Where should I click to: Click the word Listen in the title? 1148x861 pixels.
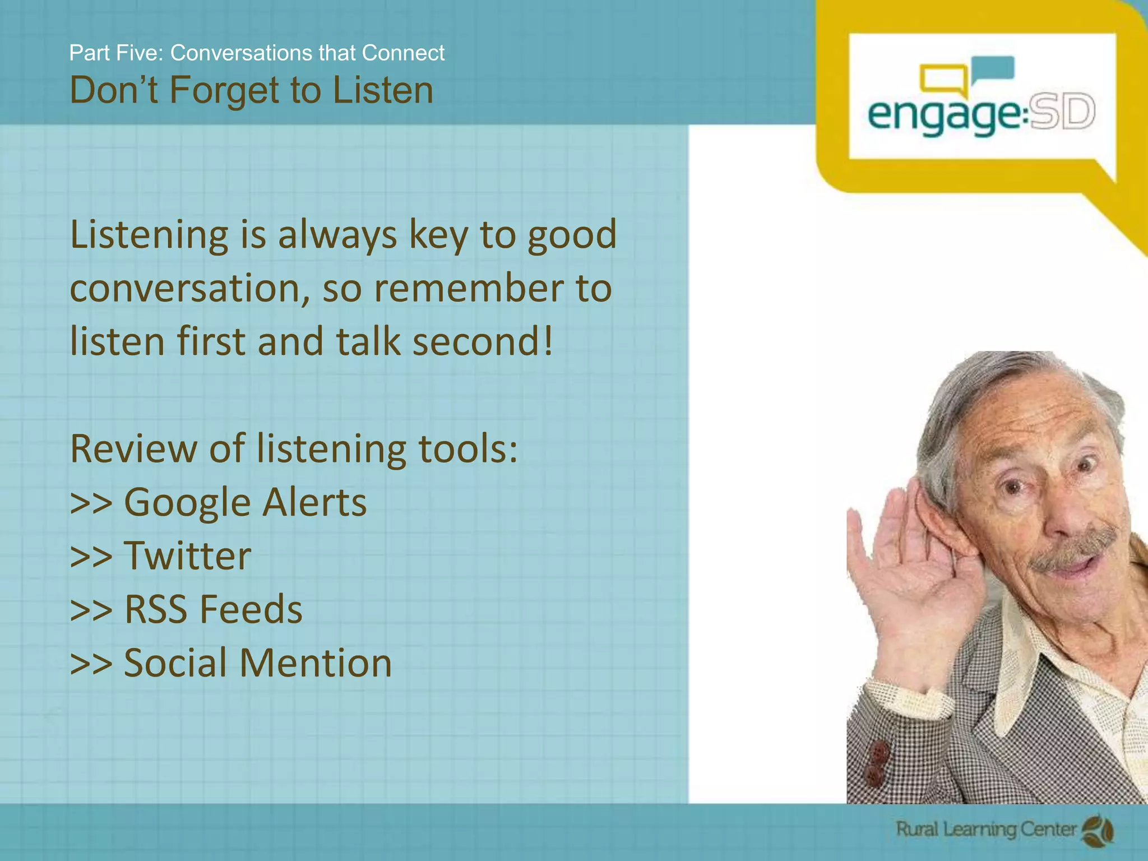(x=383, y=90)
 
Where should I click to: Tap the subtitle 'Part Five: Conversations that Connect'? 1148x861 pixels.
(x=257, y=53)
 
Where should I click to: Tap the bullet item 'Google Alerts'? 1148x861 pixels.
(x=245, y=502)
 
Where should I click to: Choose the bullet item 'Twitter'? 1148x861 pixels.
(x=187, y=556)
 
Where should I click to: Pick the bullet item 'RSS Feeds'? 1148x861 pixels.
(x=213, y=609)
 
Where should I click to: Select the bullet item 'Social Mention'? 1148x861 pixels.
(x=257, y=663)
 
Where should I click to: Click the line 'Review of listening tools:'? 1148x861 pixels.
(x=294, y=449)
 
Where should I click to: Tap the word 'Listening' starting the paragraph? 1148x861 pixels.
(x=149, y=235)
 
